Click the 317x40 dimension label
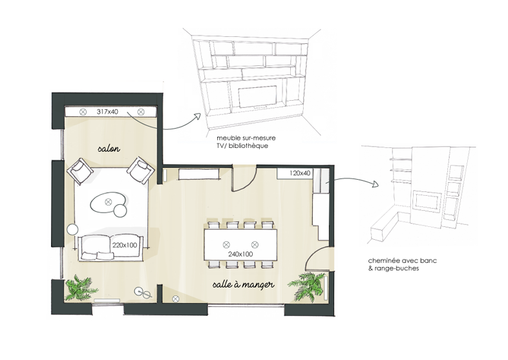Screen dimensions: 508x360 (x=107, y=112)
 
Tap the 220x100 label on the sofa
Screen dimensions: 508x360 (x=125, y=245)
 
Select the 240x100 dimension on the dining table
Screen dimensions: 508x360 (x=240, y=255)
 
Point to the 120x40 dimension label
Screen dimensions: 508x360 (x=300, y=173)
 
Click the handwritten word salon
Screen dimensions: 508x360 (x=109, y=149)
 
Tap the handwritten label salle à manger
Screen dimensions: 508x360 (x=243, y=284)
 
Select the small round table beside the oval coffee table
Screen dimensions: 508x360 (x=120, y=211)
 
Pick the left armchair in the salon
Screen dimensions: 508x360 (x=79, y=171)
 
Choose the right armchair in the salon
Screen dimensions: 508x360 (x=140, y=170)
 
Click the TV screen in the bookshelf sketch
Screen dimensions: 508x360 (x=258, y=96)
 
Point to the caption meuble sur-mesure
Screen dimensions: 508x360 (x=246, y=138)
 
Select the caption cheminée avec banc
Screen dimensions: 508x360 (x=403, y=261)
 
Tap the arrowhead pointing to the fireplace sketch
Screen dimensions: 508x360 (x=376, y=184)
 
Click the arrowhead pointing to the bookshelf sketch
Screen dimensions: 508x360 (x=198, y=116)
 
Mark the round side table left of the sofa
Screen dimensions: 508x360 (x=72, y=229)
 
